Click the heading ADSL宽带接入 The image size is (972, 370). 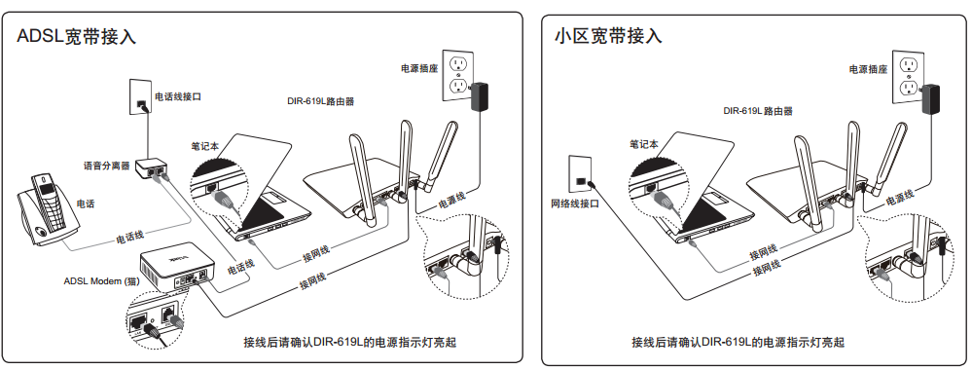[76, 37]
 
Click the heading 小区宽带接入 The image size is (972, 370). [608, 36]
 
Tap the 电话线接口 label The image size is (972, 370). [178, 96]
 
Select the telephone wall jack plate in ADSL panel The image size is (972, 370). [139, 96]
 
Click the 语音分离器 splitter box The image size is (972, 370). [151, 167]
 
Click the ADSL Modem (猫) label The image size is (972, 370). [101, 281]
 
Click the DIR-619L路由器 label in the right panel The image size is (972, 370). [758, 111]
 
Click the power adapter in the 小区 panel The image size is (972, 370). [930, 97]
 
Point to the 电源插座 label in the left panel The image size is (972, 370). [419, 68]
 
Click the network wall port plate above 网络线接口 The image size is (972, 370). [579, 173]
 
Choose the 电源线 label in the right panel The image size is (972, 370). [900, 198]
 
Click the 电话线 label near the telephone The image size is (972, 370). [130, 236]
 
